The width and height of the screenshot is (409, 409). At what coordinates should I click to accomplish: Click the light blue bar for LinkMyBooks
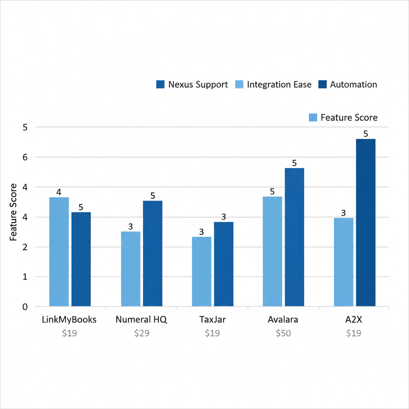[59, 252]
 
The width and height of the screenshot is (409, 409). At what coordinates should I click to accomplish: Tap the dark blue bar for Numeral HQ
[153, 253]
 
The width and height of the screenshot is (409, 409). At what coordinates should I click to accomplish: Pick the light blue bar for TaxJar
[202, 272]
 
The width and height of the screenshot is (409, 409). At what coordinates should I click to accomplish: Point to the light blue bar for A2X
[343, 262]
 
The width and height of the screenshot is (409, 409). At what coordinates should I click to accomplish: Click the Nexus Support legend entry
[192, 85]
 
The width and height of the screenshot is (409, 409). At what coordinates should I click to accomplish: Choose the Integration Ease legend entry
[274, 85]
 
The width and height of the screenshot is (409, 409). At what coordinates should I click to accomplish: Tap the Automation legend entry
[347, 85]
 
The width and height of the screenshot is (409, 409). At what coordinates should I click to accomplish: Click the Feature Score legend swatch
[313, 117]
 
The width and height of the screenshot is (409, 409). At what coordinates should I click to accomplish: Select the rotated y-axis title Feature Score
[14, 212]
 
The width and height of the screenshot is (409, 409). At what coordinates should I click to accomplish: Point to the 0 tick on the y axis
[25, 307]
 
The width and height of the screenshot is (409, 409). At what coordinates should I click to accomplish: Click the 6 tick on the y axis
[25, 157]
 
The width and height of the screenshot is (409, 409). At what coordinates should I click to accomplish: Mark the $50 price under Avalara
[283, 333]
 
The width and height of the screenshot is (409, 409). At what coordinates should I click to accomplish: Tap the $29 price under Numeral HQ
[141, 333]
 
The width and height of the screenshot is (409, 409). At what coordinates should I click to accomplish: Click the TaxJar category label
[212, 320]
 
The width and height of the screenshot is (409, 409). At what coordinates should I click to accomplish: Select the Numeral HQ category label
[141, 320]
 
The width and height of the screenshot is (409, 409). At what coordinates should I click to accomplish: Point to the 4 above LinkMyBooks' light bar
[59, 192]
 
